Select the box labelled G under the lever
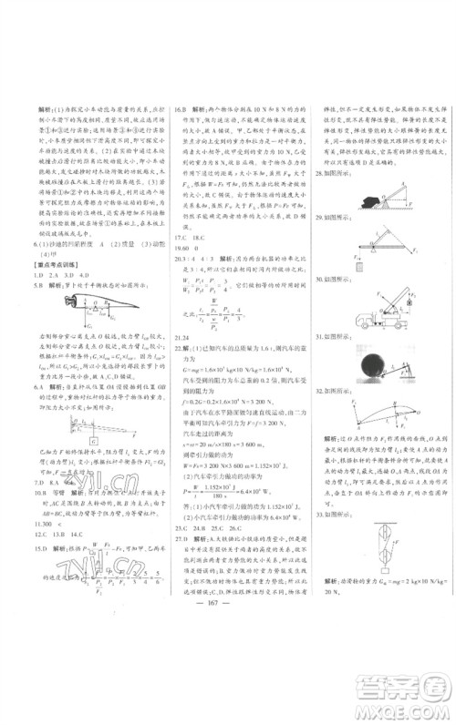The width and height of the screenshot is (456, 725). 93,417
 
